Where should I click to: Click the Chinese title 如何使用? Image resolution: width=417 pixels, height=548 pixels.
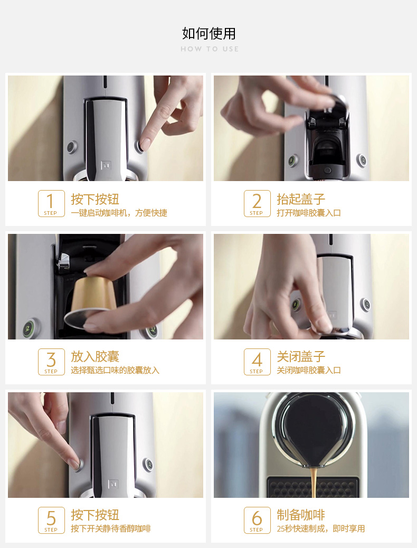[x=209, y=34]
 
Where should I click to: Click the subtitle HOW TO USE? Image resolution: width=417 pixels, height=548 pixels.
[x=210, y=49]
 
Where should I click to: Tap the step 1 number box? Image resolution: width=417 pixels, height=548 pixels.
[x=51, y=203]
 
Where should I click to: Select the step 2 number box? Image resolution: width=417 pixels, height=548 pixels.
[x=257, y=203]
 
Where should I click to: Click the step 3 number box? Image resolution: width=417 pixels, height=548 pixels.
[x=51, y=362]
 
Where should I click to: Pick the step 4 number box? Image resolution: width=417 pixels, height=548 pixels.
[x=257, y=362]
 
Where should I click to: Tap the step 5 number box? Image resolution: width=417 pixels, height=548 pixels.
[x=51, y=520]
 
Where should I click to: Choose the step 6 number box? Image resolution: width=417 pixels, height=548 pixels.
[x=257, y=520]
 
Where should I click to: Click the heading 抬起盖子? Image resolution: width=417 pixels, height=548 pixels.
[x=301, y=199]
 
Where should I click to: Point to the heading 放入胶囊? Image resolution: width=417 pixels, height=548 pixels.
[x=95, y=357]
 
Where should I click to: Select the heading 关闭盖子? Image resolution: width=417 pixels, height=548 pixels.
[x=301, y=357]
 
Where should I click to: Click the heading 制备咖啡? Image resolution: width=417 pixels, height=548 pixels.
[x=301, y=515]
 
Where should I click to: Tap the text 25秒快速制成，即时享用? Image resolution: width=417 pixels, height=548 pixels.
[x=320, y=528]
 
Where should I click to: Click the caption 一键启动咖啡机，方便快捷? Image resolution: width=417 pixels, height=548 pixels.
[x=119, y=213]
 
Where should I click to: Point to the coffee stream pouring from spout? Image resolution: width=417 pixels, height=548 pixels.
[x=314, y=483]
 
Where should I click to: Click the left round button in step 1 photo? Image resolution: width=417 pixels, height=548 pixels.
[x=72, y=147]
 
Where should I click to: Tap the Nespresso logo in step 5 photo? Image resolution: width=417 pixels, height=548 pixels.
[x=112, y=484]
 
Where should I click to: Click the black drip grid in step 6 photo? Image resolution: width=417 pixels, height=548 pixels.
[x=313, y=487]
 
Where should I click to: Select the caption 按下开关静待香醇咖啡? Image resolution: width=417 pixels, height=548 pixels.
[x=111, y=528]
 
